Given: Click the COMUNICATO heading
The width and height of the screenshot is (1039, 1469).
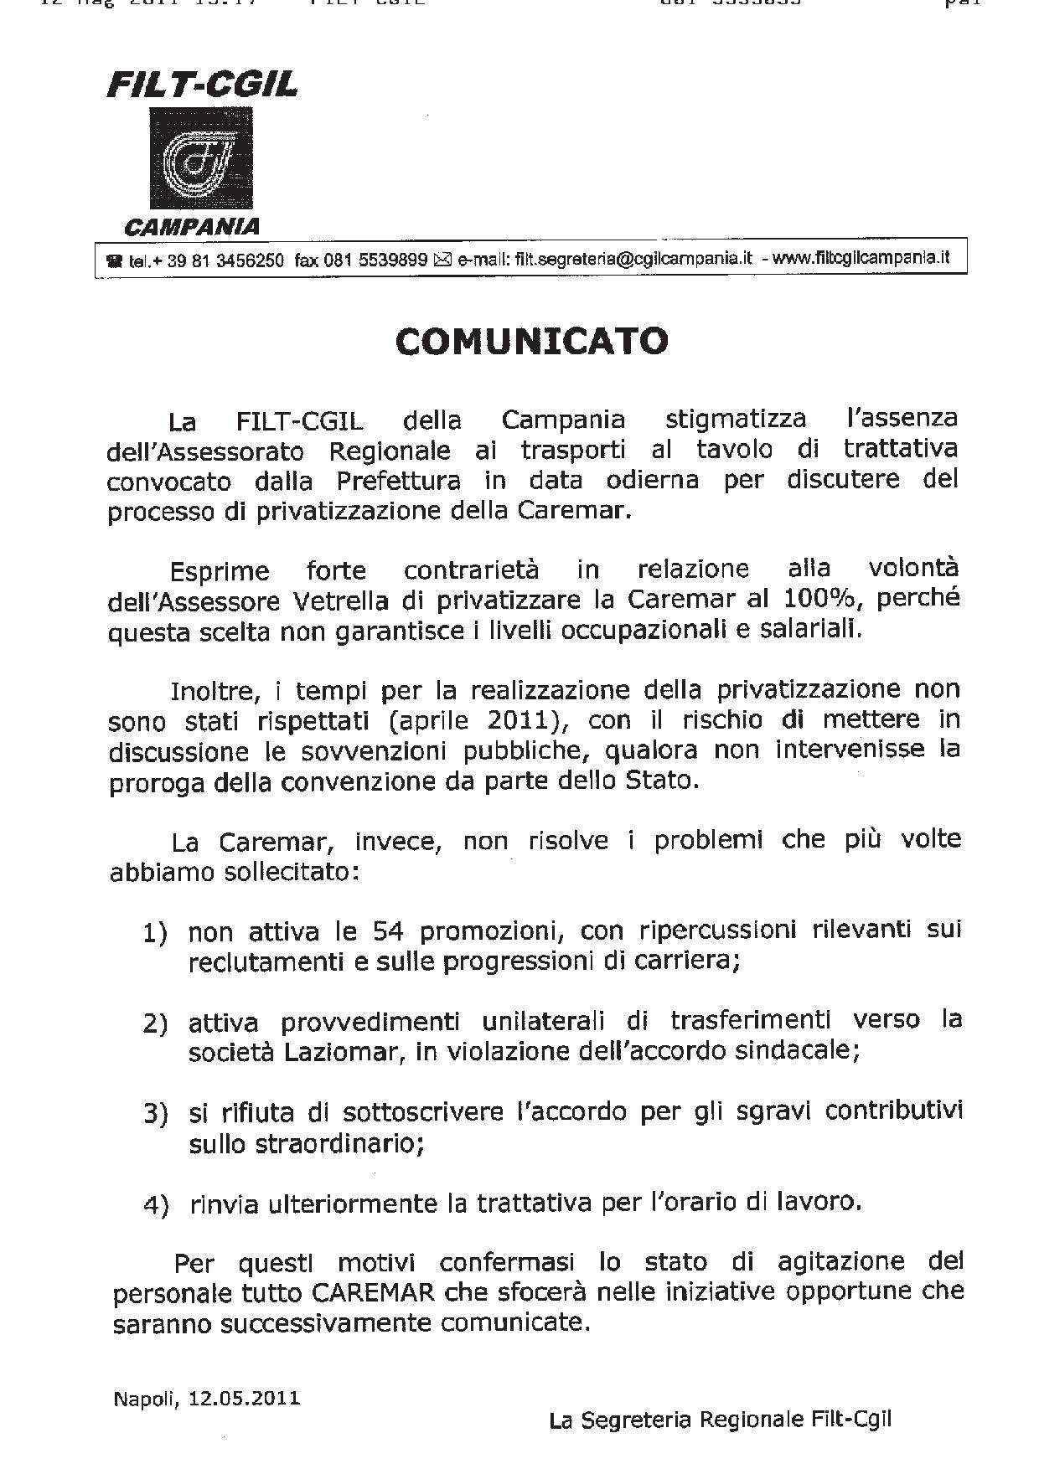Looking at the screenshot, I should coord(532,341).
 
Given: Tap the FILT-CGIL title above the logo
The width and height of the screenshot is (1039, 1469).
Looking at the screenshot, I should coord(202,85).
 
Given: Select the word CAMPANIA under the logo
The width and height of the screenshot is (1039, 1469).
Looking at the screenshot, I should coord(192,226).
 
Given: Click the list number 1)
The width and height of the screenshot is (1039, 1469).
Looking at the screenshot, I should coord(155,933).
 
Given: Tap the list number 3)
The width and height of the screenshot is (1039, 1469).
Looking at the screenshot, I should coord(156,1114).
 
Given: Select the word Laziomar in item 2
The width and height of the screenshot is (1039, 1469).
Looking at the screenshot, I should coord(344,1052).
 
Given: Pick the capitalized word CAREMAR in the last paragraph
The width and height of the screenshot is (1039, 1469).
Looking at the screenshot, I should coord(373,1292).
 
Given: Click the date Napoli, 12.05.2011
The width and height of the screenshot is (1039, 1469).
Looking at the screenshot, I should coord(206,1399).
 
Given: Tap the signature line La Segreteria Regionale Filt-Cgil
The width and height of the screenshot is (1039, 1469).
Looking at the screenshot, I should coord(720,1420).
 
